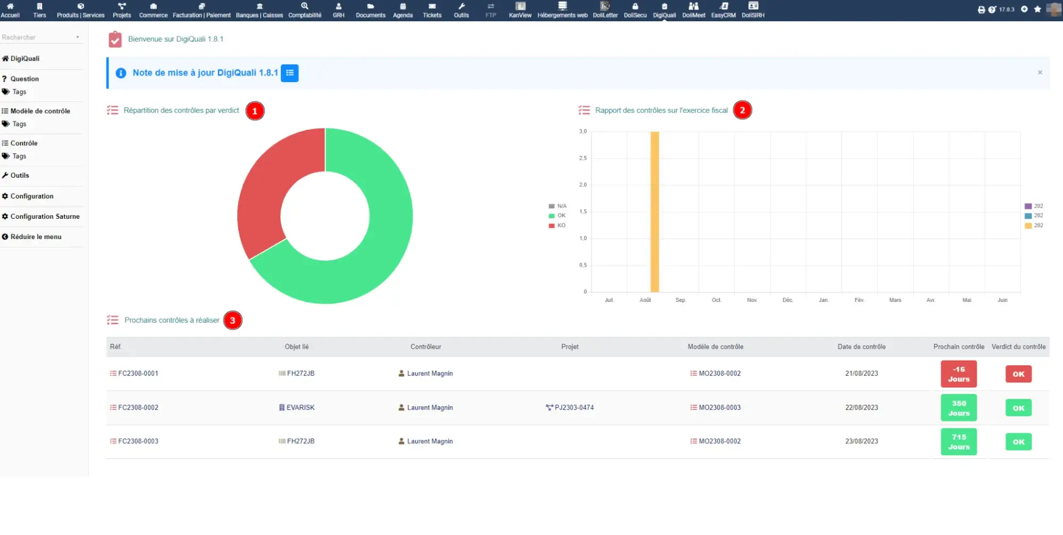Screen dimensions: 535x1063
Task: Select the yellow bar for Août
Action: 655,213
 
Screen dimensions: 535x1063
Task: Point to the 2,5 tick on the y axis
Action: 583,158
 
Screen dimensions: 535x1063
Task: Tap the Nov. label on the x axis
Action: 752,300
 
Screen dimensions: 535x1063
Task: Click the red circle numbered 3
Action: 232,320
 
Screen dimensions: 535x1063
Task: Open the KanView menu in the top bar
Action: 520,10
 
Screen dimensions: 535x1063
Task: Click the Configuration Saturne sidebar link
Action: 45,217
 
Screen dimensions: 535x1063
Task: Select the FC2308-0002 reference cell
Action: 138,408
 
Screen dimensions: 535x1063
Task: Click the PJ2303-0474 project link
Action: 573,408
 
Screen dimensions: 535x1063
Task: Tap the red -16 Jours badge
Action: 958,374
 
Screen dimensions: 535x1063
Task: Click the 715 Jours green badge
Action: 958,442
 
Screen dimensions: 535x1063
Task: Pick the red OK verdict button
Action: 1018,374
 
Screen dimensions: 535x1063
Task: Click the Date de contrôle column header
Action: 861,347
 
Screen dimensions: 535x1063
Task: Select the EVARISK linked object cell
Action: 300,408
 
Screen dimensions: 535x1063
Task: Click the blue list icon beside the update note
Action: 290,73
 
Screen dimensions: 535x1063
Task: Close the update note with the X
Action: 1040,72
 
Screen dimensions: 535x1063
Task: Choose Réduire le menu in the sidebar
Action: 36,237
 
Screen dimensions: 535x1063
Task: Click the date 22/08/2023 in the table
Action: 861,408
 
